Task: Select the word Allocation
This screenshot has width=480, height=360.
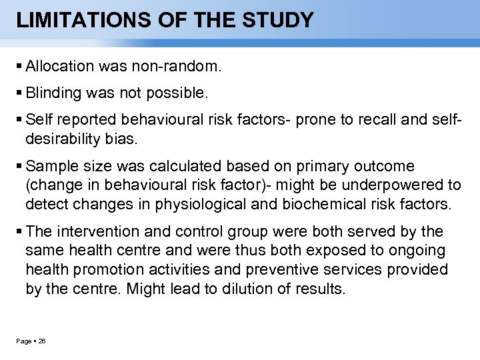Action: pos(59,67)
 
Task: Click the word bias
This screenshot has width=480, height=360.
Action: pos(125,139)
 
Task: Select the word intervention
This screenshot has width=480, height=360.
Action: pos(96,232)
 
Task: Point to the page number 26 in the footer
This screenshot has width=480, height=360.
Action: pos(42,341)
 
